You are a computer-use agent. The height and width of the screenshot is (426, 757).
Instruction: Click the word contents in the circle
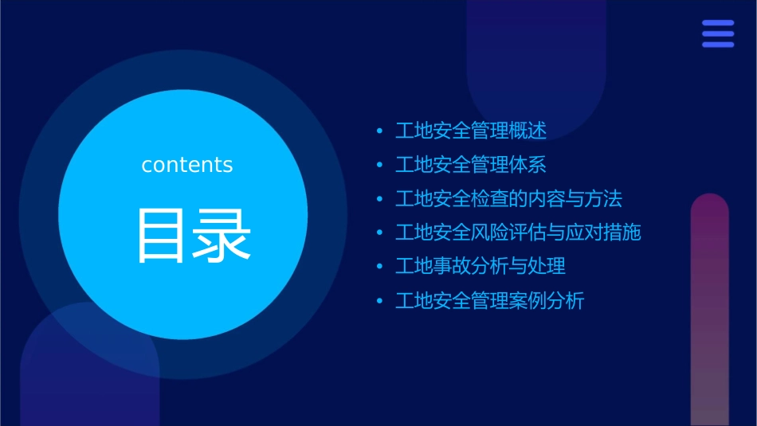pyautogui.click(x=187, y=165)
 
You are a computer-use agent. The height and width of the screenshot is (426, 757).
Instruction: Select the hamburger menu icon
pyautogui.click(x=718, y=33)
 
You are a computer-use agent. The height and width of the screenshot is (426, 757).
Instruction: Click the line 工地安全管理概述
pyautogui.click(x=471, y=131)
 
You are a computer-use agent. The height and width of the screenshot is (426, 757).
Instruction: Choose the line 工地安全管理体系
pyautogui.click(x=471, y=165)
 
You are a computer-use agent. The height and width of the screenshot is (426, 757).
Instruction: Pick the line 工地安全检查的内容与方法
pyautogui.click(x=508, y=199)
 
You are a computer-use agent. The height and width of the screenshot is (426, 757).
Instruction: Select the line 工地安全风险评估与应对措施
pyautogui.click(x=518, y=233)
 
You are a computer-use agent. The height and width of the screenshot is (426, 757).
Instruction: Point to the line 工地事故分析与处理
pyautogui.click(x=480, y=267)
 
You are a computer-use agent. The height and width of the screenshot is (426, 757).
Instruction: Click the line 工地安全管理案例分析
pyautogui.click(x=489, y=301)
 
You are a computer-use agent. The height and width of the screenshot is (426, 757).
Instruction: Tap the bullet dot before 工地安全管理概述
pyautogui.click(x=379, y=131)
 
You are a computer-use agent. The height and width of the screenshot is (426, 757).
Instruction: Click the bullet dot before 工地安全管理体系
pyautogui.click(x=379, y=166)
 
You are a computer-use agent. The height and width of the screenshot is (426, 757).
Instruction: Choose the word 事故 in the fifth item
pyautogui.click(x=452, y=267)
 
